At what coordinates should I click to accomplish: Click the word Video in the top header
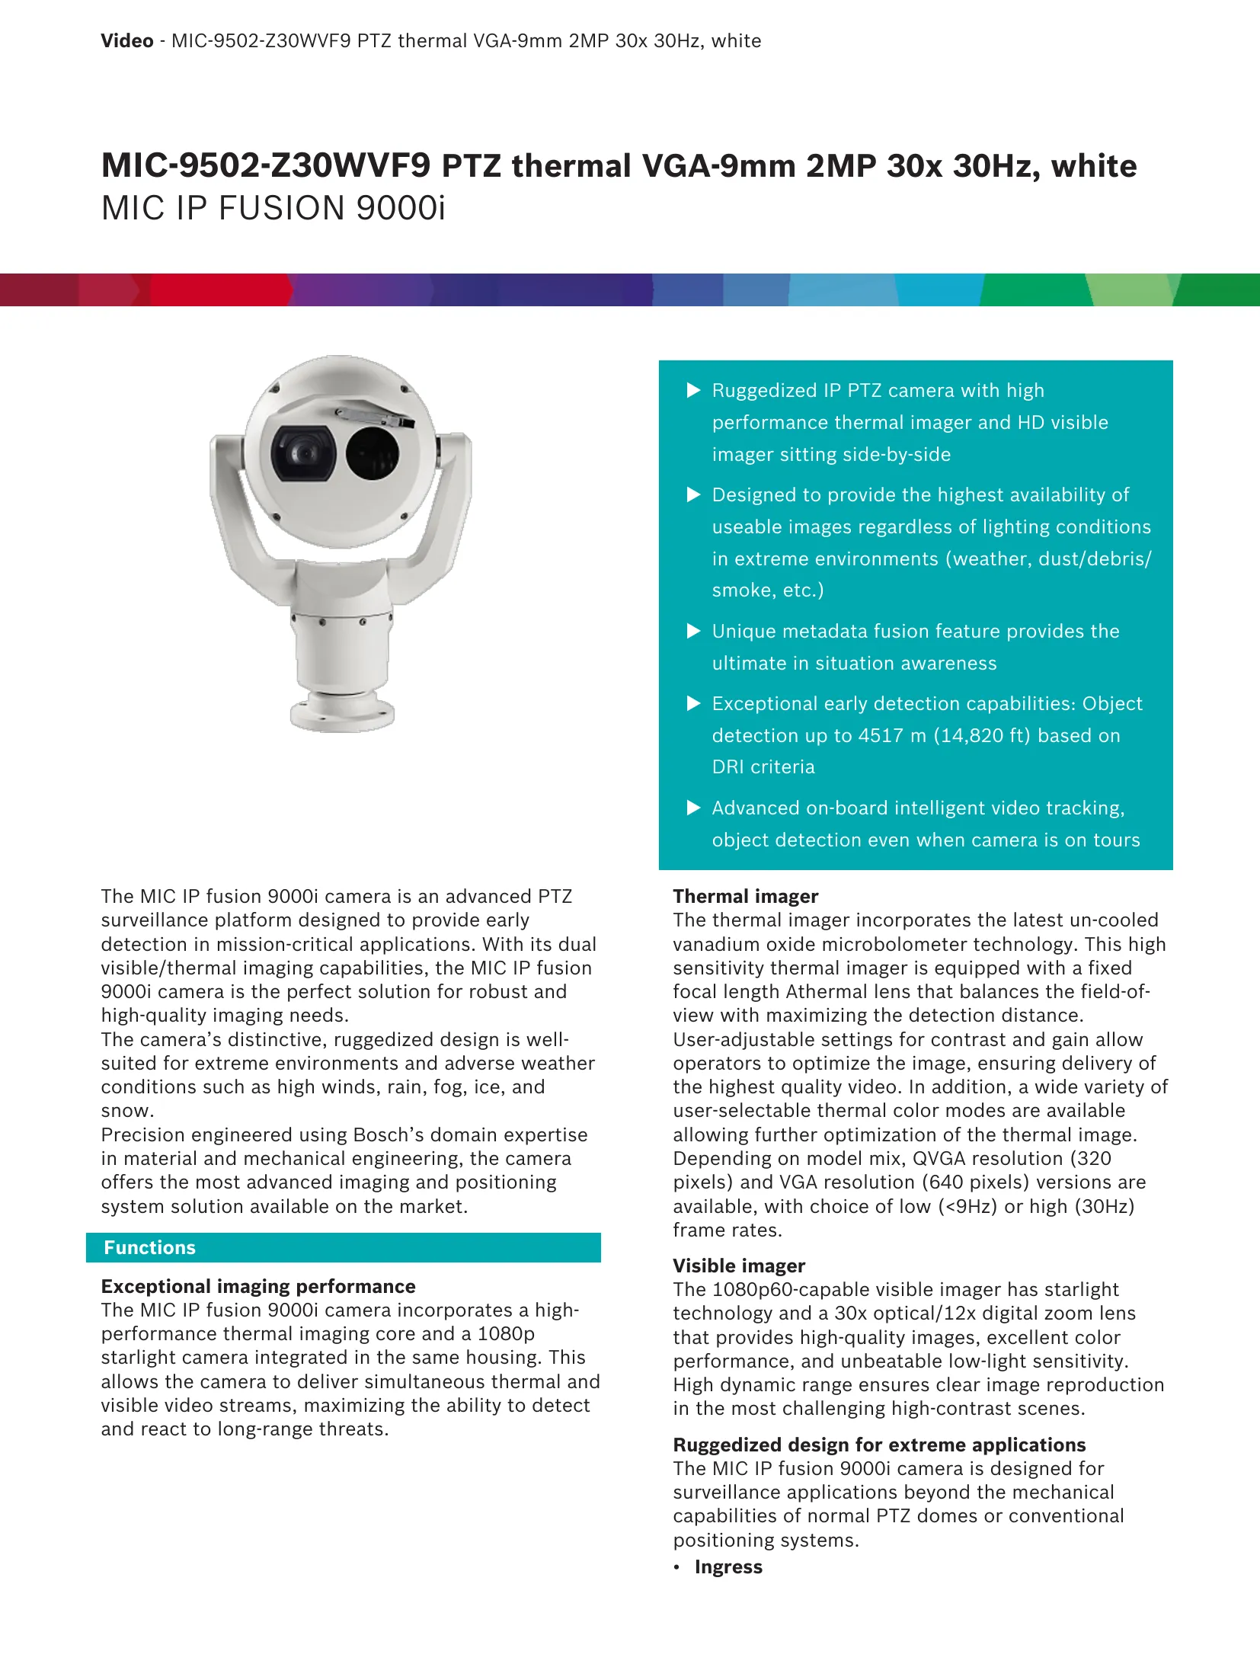click(x=126, y=41)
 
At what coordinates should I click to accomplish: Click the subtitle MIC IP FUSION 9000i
click(x=273, y=208)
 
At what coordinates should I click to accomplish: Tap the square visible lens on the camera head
click(x=302, y=453)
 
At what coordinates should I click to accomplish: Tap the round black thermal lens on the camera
click(x=373, y=453)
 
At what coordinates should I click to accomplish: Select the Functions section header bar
click(x=344, y=1247)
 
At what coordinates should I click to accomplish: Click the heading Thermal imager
click(x=745, y=896)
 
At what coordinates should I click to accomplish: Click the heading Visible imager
click(x=738, y=1266)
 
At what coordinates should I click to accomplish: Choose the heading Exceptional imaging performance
click(x=258, y=1286)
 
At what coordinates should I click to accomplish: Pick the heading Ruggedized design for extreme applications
click(x=879, y=1445)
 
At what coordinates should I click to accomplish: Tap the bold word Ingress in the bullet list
click(x=728, y=1566)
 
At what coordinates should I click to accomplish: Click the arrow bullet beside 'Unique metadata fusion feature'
click(x=693, y=631)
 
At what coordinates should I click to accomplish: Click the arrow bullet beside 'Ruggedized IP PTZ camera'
click(x=693, y=390)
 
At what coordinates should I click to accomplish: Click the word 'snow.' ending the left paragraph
click(x=127, y=1111)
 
